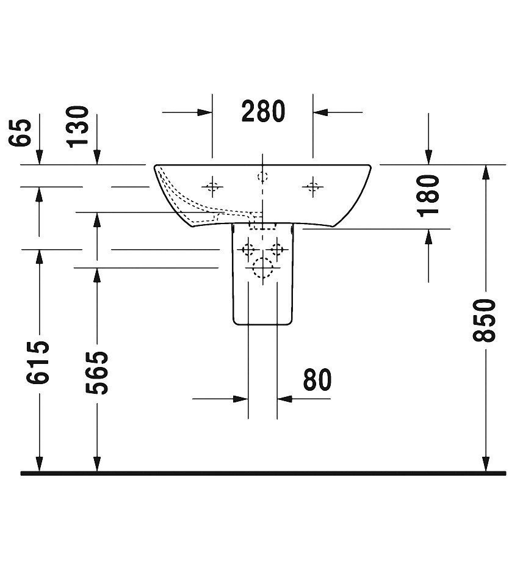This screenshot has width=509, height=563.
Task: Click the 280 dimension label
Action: click(x=263, y=111)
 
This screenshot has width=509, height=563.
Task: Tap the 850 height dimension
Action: click(x=485, y=320)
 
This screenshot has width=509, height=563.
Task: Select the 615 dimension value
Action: click(x=37, y=362)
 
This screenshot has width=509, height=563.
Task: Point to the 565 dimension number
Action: click(x=96, y=372)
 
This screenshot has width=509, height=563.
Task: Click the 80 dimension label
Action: click(x=317, y=379)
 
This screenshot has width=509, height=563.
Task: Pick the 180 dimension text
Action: click(x=428, y=195)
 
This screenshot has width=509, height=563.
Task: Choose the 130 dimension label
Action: click(x=78, y=126)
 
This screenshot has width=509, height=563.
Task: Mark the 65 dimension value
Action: click(x=20, y=132)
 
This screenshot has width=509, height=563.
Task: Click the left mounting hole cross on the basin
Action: click(x=212, y=187)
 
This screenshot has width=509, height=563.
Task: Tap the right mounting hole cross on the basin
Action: click(x=312, y=187)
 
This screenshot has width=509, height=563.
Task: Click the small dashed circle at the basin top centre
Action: click(x=263, y=176)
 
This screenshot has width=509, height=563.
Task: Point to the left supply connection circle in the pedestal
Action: click(x=248, y=249)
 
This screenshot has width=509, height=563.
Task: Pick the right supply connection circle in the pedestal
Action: click(x=276, y=249)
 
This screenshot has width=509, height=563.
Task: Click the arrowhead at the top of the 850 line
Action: click(x=485, y=172)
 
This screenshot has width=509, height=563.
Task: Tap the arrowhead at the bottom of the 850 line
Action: click(x=485, y=463)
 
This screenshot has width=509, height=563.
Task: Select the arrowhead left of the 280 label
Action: click(x=204, y=112)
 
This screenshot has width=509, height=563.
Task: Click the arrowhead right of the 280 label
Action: click(x=320, y=112)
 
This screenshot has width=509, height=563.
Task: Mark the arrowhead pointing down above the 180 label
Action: click(x=428, y=158)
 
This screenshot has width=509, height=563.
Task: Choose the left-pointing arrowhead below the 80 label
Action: click(x=284, y=399)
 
